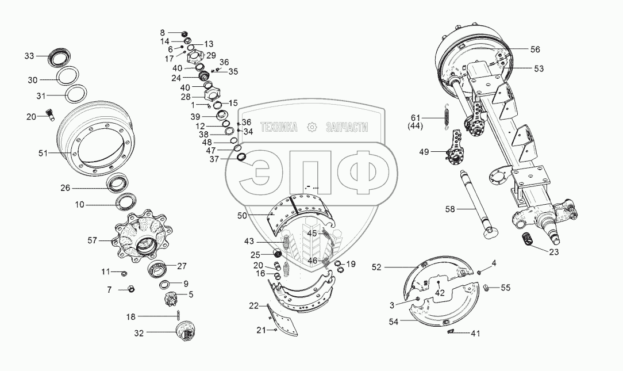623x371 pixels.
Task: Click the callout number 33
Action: click(29, 56)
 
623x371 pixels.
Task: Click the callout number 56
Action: click(534, 49)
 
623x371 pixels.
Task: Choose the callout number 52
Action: click(376, 267)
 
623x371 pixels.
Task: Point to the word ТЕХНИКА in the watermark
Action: click(279, 128)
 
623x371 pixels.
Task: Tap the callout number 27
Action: click(182, 266)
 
